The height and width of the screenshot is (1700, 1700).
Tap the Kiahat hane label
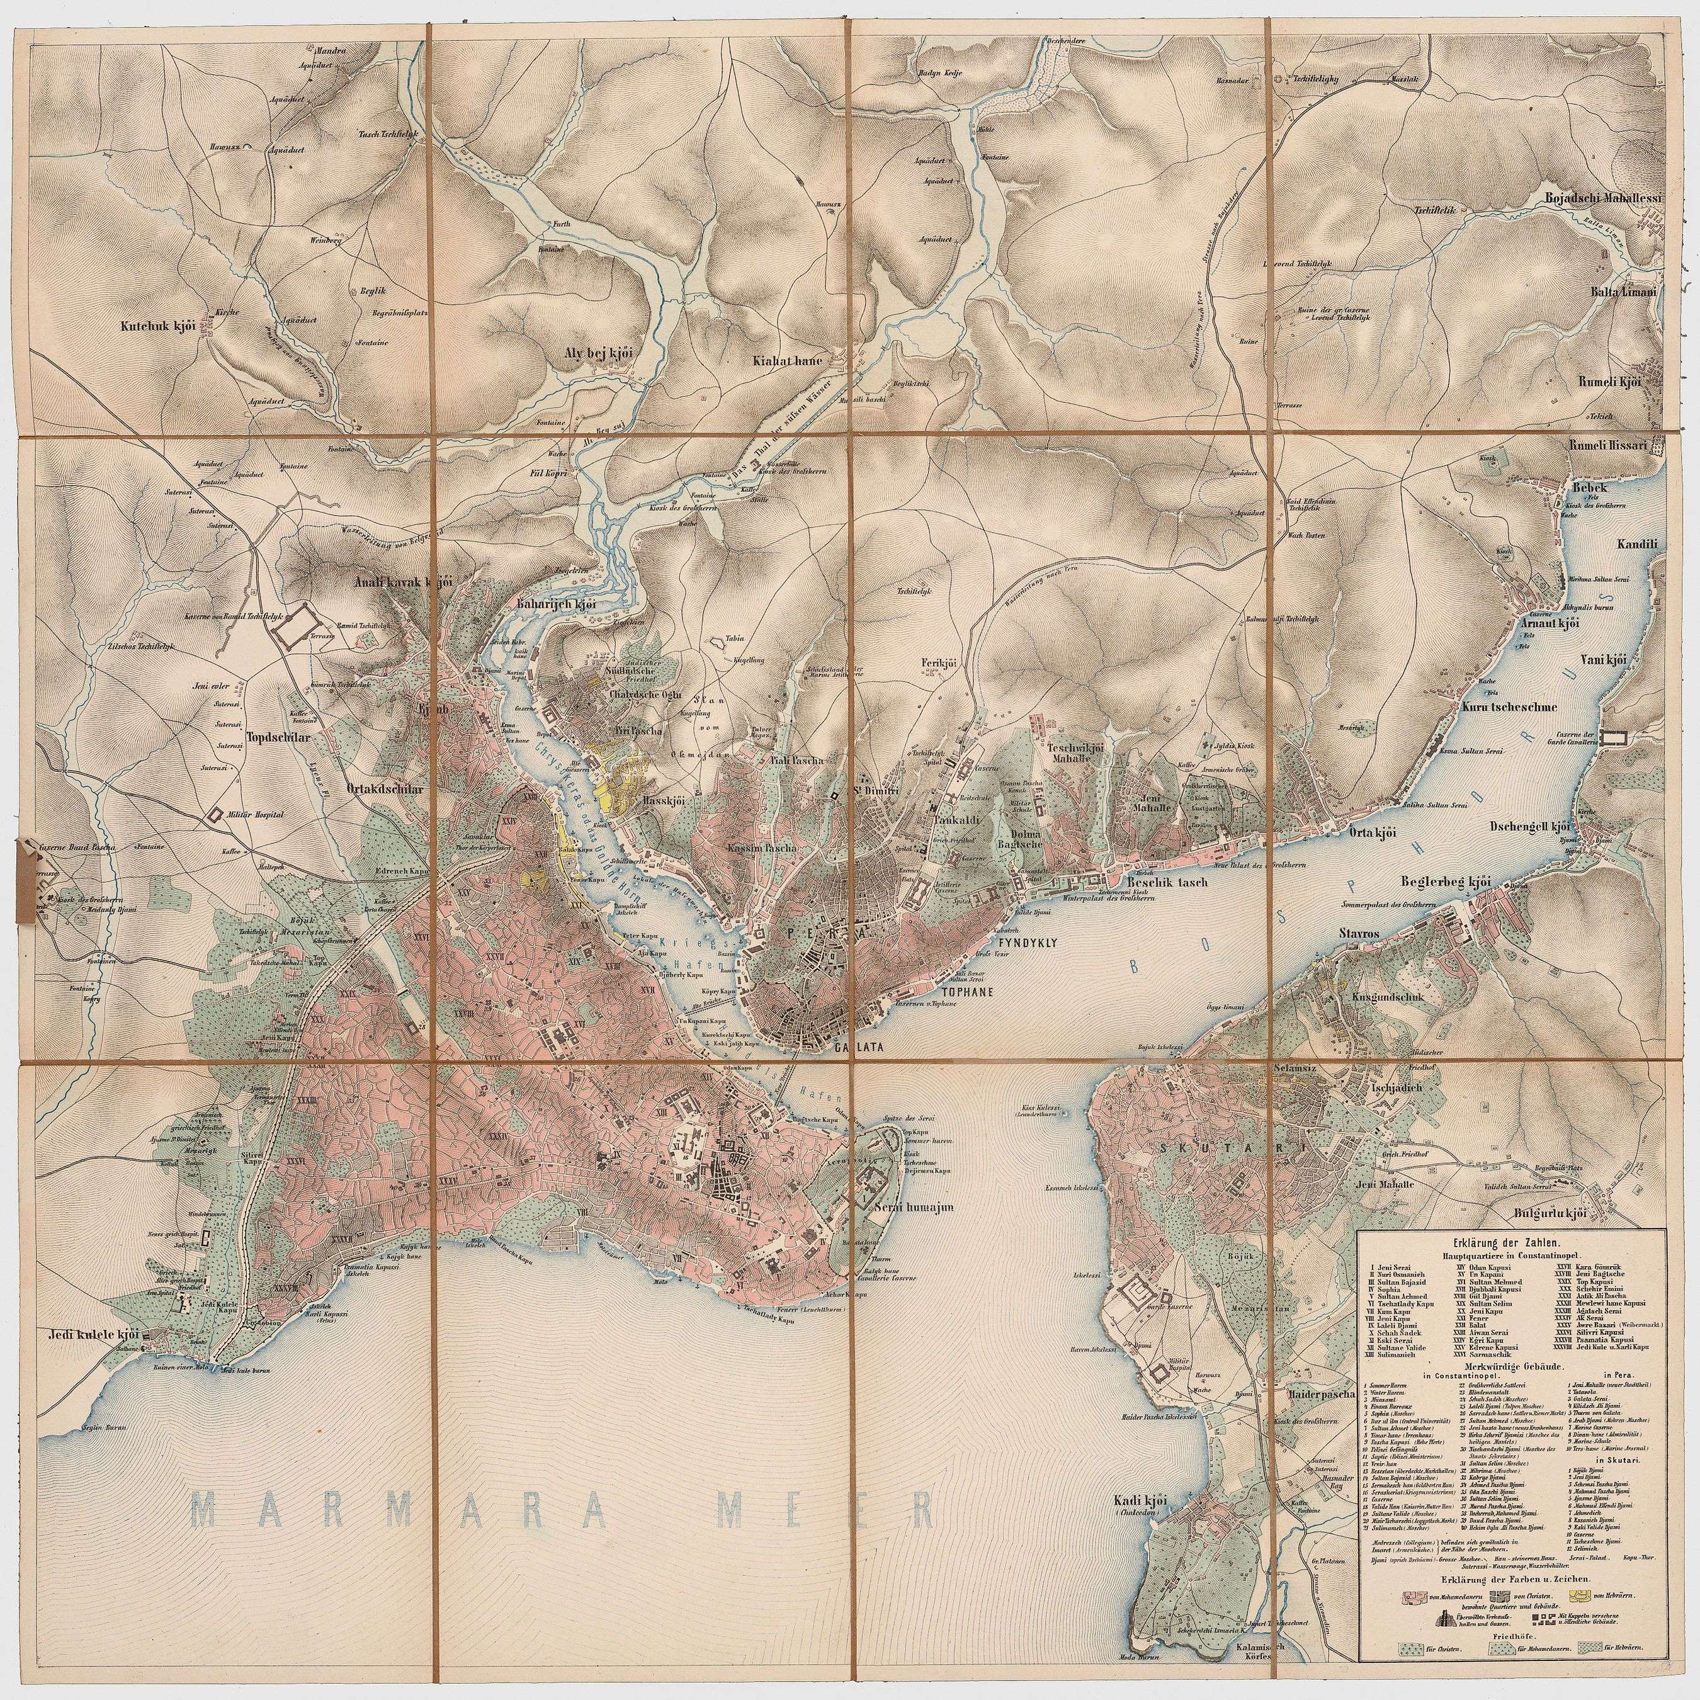pos(786,361)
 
